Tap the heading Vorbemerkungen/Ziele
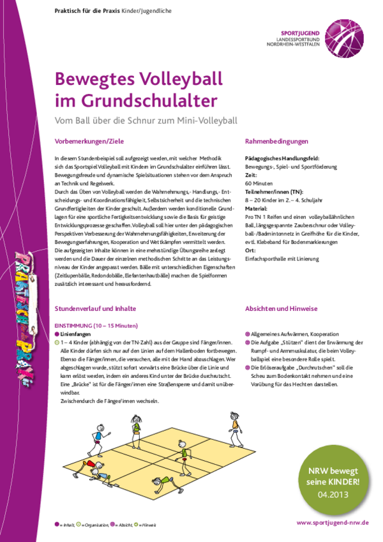click(x=87, y=141)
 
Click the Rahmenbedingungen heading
click(x=276, y=141)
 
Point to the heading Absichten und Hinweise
click(x=281, y=308)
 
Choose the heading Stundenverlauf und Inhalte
click(x=96, y=308)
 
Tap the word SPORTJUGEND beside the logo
click(x=299, y=31)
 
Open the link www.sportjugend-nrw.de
click(x=333, y=522)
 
